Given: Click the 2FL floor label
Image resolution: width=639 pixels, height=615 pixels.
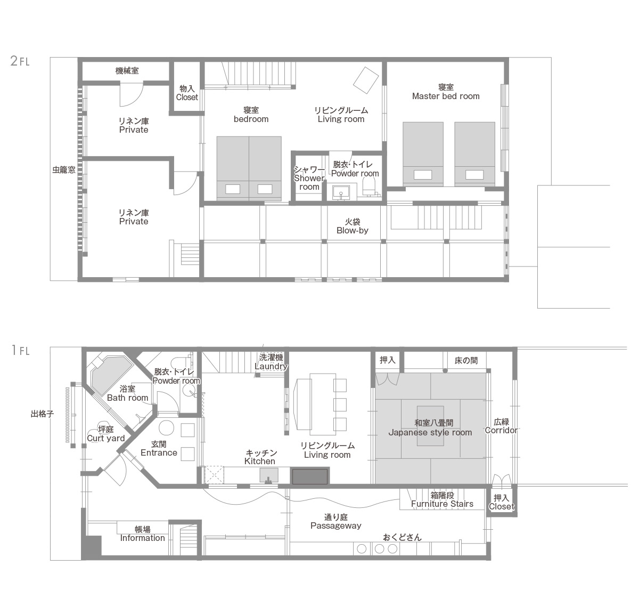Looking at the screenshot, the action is (x=20, y=61).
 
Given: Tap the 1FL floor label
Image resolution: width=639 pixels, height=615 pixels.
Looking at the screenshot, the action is (x=21, y=350).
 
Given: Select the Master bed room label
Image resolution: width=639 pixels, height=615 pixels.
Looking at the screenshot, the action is (x=446, y=96).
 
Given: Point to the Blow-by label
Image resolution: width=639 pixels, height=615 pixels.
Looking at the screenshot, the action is (x=353, y=230).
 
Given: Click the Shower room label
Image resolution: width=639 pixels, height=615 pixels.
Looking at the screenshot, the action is (x=309, y=182).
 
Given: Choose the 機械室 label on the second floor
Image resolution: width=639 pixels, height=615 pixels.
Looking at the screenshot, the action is (x=127, y=71).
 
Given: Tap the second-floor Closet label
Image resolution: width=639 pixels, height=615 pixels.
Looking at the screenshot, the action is (x=187, y=98).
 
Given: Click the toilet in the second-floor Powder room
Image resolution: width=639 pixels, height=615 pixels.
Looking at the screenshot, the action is (x=369, y=187).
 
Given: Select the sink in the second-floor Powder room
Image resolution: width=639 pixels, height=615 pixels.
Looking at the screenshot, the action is (x=340, y=192).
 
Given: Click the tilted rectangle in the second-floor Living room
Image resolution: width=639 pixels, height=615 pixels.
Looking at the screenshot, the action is (x=366, y=80).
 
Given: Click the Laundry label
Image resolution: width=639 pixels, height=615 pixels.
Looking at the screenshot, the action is (x=271, y=367).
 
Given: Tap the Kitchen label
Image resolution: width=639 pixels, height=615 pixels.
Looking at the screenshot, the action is (x=260, y=461).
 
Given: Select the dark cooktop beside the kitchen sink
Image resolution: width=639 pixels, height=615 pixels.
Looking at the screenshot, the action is (x=310, y=476).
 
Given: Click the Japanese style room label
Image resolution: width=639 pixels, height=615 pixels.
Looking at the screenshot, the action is (x=430, y=433).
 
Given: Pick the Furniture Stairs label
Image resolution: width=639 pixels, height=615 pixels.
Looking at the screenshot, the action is (x=442, y=504).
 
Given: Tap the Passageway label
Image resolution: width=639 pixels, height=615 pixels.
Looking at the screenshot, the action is (x=335, y=525).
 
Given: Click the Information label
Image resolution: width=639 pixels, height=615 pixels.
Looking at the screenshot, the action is (x=143, y=538).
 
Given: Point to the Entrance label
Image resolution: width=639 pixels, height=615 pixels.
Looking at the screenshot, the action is (x=159, y=452).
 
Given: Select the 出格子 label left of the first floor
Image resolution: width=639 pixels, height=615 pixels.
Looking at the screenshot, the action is (x=43, y=414).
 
